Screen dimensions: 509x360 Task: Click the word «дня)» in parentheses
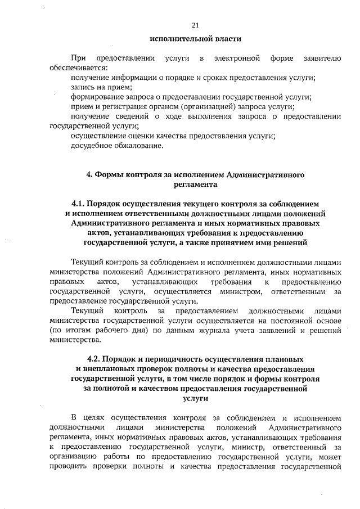[129, 331]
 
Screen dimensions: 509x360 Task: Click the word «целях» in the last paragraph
[94, 418]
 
